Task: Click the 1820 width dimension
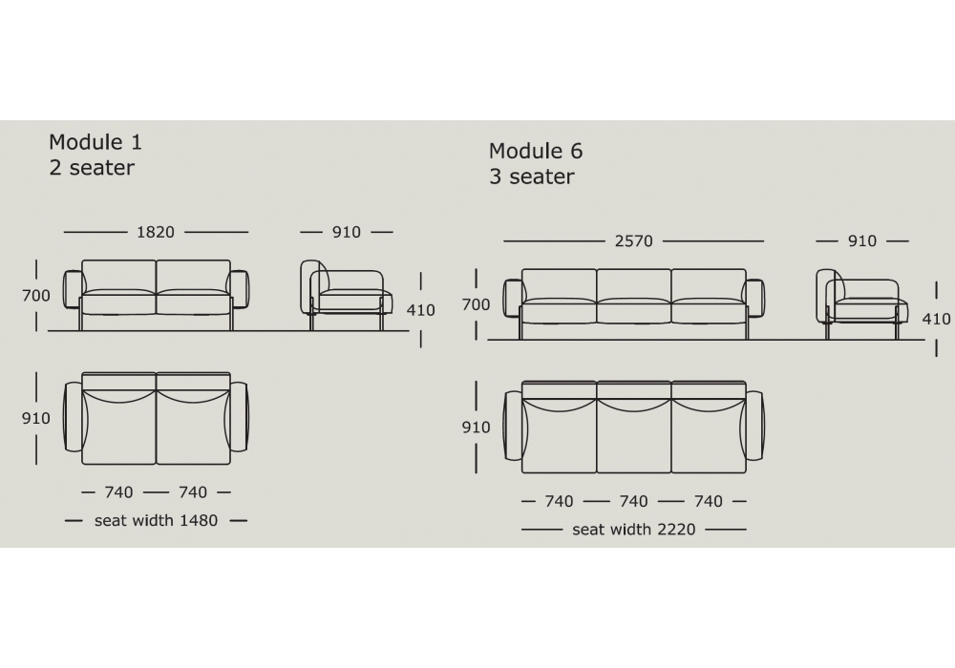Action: pos(156,232)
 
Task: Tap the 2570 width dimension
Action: pos(633,240)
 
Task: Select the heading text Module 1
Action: pos(95,142)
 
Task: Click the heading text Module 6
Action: pos(536,151)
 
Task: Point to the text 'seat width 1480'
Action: pos(156,521)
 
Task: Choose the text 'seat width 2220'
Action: pos(633,530)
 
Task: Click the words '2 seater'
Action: pos(92,167)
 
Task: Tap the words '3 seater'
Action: pos(532,177)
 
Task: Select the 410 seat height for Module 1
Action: pos(421,310)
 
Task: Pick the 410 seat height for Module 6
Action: pos(936,319)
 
